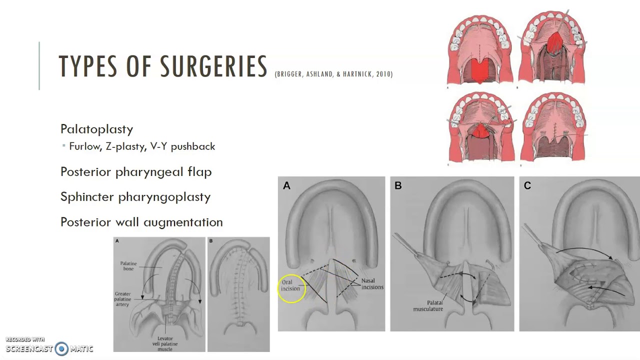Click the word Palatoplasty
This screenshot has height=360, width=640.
[96, 129]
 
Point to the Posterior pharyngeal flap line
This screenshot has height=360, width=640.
[136, 171]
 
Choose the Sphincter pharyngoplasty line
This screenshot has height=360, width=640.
[135, 197]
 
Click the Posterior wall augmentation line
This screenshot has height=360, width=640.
[141, 222]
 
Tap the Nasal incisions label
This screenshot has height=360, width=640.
[372, 284]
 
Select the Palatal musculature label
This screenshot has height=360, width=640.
[428, 305]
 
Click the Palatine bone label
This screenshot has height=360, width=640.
[128, 266]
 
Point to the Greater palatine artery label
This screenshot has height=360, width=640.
[123, 299]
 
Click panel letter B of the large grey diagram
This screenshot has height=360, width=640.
[398, 186]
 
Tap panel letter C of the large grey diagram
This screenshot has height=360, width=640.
[527, 186]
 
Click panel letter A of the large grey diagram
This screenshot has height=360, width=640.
[286, 186]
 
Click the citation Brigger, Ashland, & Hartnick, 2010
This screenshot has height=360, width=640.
[333, 74]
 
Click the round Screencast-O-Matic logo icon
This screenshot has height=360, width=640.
[61, 348]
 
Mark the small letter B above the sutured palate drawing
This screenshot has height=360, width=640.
[211, 241]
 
